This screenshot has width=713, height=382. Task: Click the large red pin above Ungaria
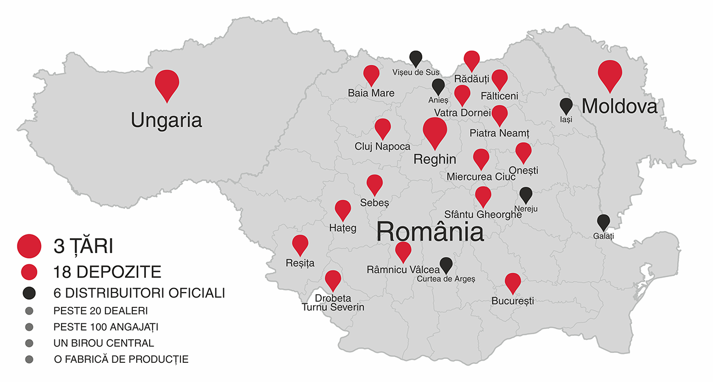[x=167, y=83]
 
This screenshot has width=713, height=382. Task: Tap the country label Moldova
[x=619, y=106]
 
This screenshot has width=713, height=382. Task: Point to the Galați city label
[x=603, y=236]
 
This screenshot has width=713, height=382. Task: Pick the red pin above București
[x=513, y=282]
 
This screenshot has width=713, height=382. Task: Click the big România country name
[x=430, y=231]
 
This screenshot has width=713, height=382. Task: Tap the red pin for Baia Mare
[x=371, y=74]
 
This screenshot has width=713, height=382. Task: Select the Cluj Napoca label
[x=382, y=147]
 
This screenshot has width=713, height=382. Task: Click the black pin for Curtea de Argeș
[x=446, y=264]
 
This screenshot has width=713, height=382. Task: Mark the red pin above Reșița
[x=300, y=244]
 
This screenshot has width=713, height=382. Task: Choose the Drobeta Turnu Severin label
[x=333, y=302]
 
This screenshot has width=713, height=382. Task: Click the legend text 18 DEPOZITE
[x=107, y=271]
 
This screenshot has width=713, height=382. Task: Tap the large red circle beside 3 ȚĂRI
[x=29, y=246]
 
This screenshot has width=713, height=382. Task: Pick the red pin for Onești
[x=523, y=151]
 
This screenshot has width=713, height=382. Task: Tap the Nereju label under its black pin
[x=526, y=209]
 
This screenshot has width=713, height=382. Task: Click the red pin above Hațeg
[x=343, y=209]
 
